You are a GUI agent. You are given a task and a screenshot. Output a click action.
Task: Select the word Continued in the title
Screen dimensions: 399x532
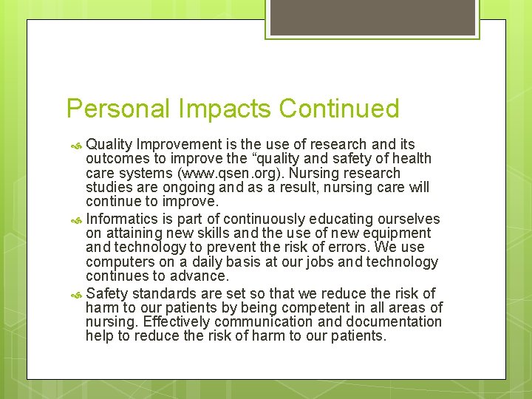[339, 109]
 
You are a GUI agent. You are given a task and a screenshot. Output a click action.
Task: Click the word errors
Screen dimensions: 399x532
[349, 248]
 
